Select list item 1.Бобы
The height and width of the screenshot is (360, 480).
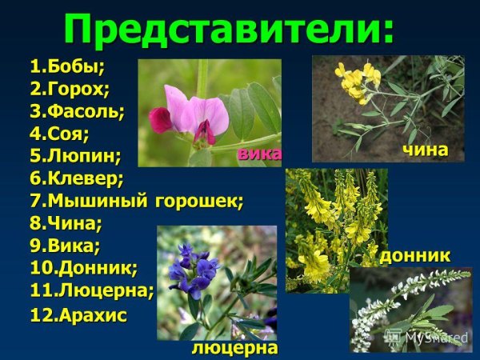(68, 65)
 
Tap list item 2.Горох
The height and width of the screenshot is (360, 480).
(70, 87)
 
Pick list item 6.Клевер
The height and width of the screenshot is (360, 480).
(77, 176)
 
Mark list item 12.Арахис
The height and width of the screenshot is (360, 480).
(78, 314)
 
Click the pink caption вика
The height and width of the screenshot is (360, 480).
(259, 154)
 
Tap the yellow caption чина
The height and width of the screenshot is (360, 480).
(424, 150)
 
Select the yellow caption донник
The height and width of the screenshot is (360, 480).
(414, 255)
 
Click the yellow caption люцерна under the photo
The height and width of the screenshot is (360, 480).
(234, 348)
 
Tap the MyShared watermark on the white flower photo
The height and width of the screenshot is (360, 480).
(436, 338)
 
